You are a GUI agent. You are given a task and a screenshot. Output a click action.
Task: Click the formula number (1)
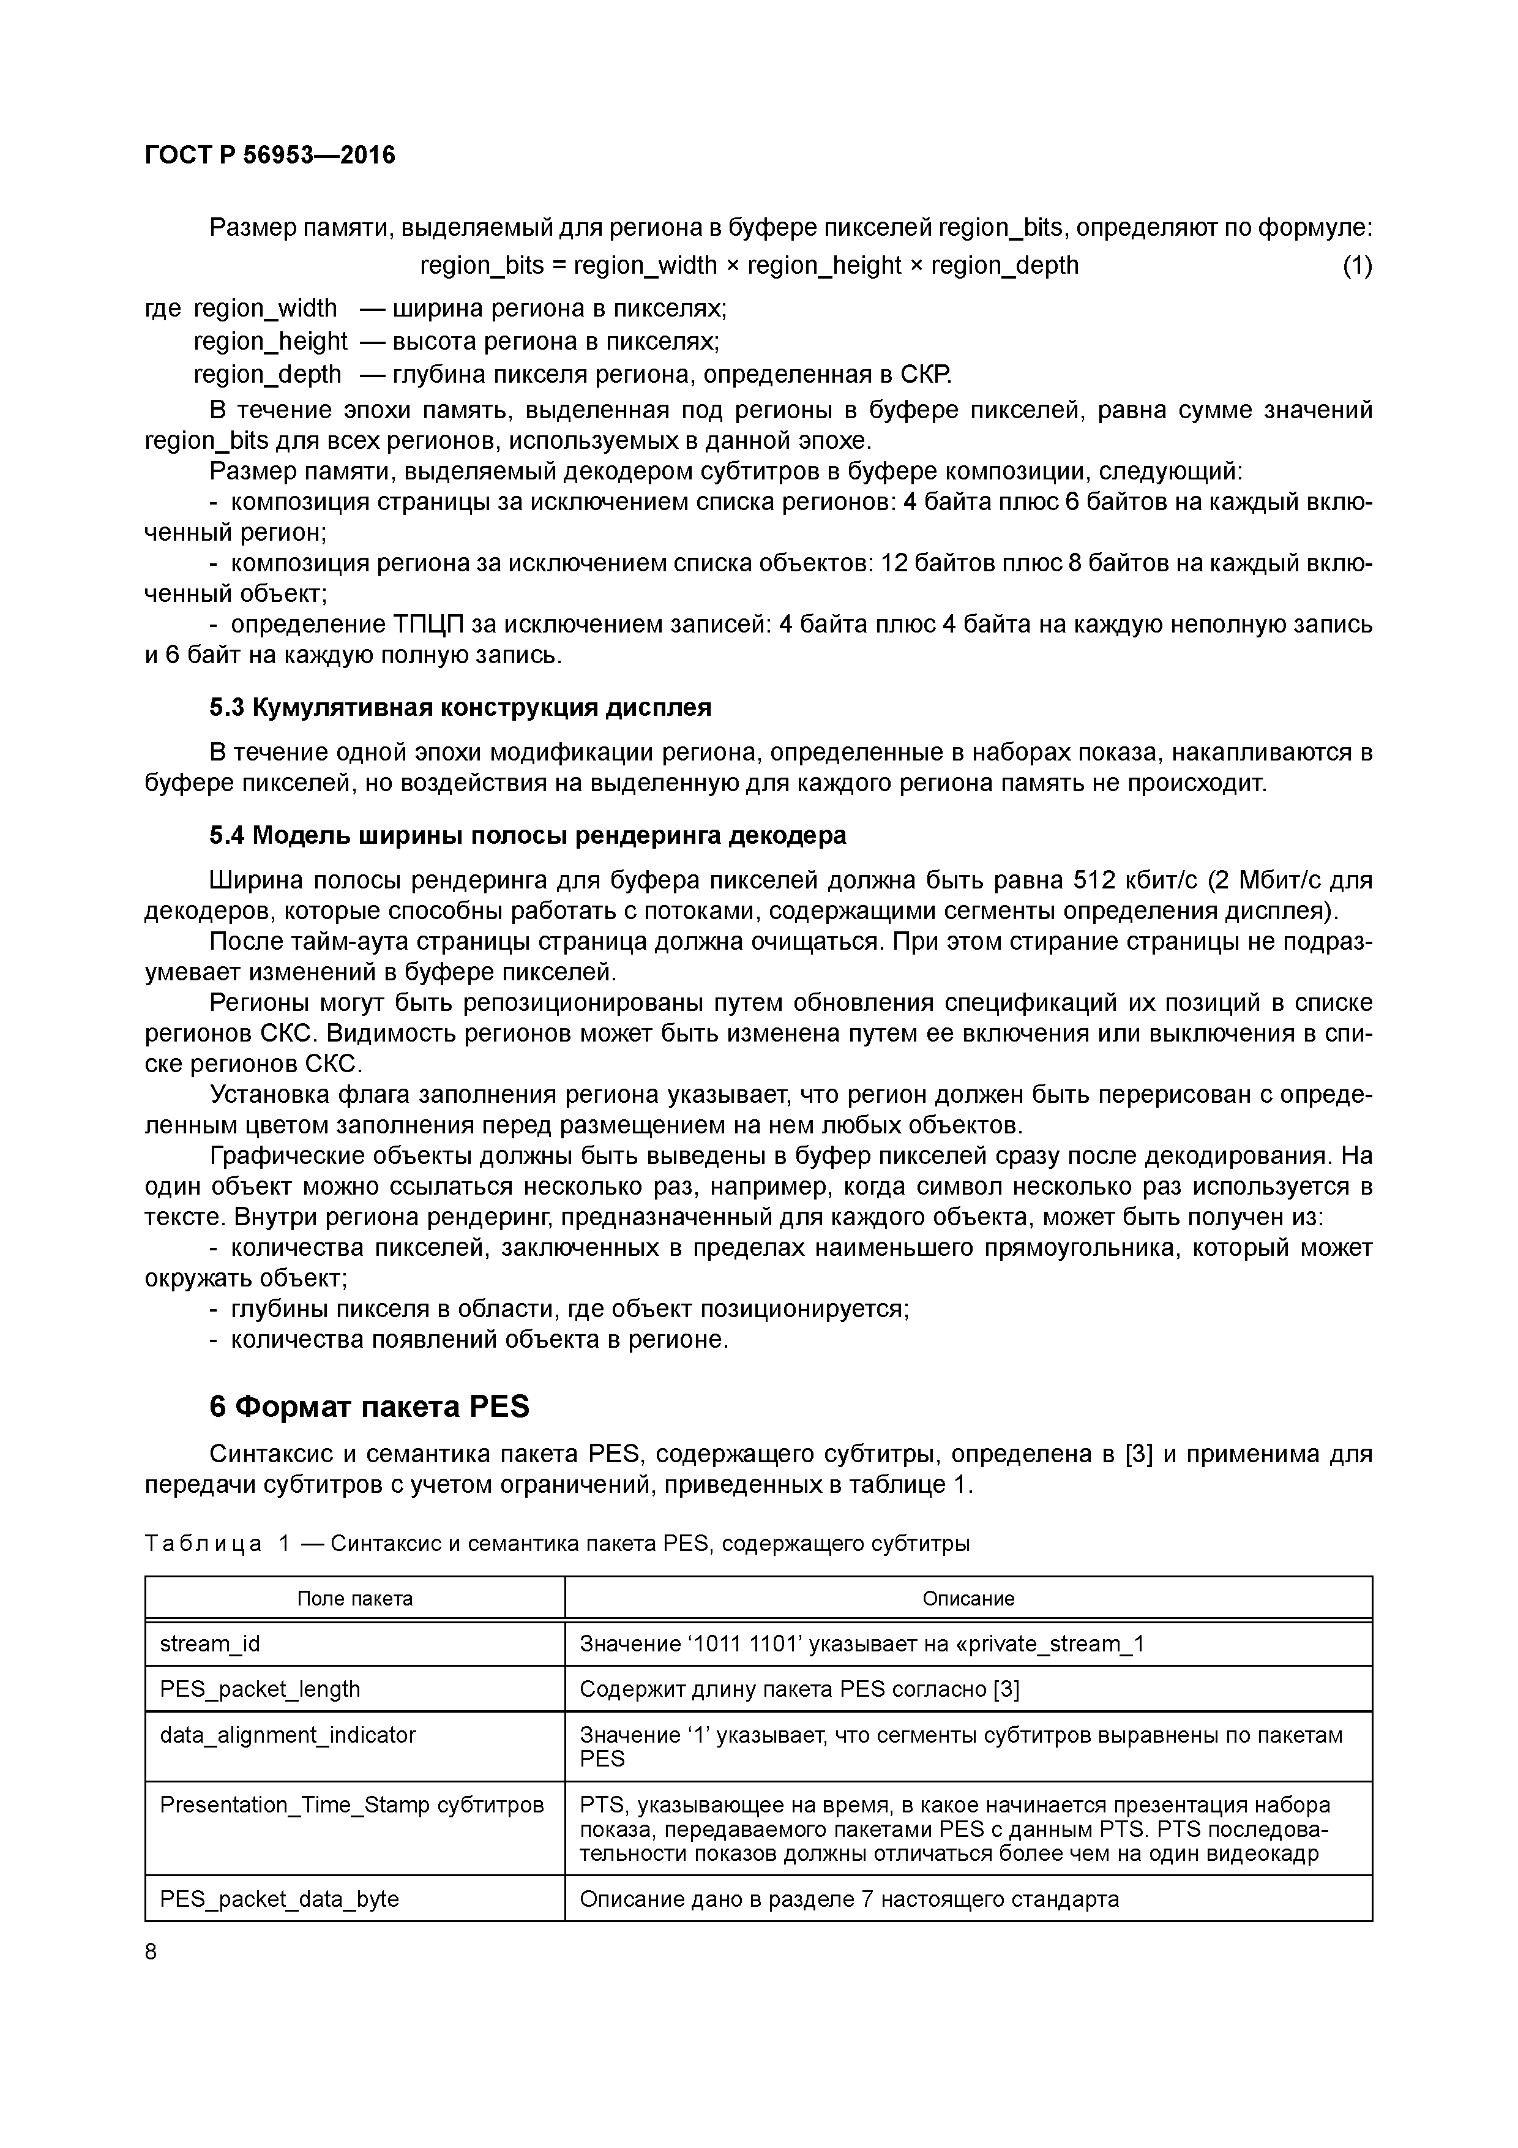click(1356, 266)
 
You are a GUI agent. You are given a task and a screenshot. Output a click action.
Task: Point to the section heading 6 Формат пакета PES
click(368, 1407)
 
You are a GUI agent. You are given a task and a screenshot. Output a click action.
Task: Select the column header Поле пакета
click(354, 1599)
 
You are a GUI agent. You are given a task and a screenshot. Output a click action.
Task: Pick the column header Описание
click(968, 1599)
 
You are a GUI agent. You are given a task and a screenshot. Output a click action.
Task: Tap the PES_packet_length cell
click(260, 1689)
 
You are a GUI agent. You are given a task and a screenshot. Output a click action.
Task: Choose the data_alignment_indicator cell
click(288, 1735)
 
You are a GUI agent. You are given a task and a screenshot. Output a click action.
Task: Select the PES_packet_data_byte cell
click(280, 1899)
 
